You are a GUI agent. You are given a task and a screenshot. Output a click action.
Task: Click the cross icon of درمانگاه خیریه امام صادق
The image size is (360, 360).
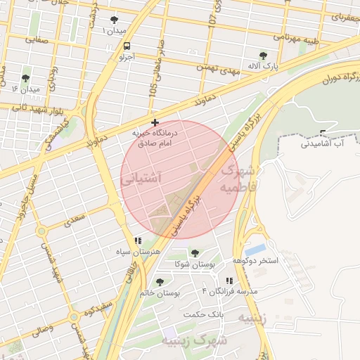(x=155, y=123)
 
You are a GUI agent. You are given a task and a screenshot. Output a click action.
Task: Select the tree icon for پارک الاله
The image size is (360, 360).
(x=263, y=56)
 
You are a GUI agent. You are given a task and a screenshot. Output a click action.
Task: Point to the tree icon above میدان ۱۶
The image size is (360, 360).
(x=26, y=78)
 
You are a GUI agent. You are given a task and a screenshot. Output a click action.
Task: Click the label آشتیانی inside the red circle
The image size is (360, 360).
(x=141, y=179)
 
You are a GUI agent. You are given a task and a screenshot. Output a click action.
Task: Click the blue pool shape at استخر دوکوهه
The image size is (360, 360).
(x=256, y=249)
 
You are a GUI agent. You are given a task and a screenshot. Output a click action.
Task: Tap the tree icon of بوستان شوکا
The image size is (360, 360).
(x=195, y=253)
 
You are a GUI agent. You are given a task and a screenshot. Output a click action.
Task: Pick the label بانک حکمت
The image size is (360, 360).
(x=202, y=314)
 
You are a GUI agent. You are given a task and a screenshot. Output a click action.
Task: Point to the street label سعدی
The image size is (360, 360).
(x=75, y=221)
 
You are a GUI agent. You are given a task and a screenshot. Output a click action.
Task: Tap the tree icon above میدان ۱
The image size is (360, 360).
(x=115, y=20)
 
